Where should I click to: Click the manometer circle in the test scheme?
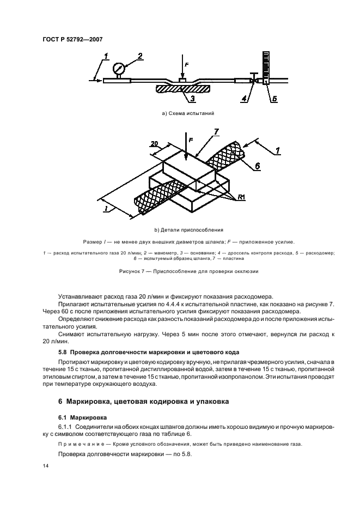click(119, 69)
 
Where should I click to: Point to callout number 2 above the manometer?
click(140, 57)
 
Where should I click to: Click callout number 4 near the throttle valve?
click(245, 99)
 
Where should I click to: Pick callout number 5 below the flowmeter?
click(274, 99)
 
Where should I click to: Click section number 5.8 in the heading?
click(64, 351)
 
